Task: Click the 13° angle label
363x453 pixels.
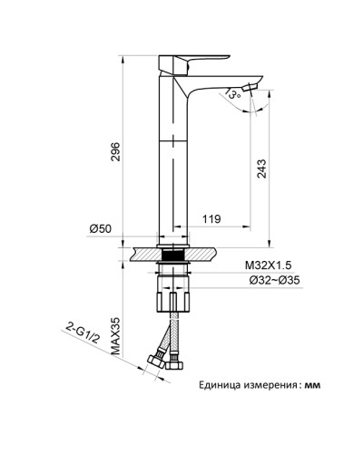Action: pos(235,92)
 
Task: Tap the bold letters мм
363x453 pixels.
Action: pos(313,385)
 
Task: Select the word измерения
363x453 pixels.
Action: pos(270,385)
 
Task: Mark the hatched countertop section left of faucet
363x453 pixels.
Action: pos(144,249)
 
